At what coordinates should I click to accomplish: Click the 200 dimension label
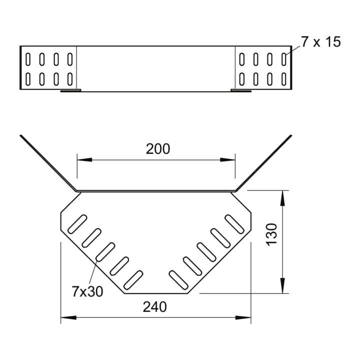coord(158,149)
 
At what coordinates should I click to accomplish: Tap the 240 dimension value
coord(154,307)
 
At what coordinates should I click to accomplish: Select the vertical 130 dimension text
coord(271,234)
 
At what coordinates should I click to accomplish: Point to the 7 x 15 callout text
coord(321,42)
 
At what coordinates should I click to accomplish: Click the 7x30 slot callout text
coord(87,291)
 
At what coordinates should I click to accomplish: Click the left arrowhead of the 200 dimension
coord(84,160)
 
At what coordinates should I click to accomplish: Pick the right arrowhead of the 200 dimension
coord(227,160)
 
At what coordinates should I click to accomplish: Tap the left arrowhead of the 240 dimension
coord(68,318)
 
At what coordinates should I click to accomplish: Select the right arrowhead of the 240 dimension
coord(243,318)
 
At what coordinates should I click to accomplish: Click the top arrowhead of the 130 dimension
coord(282,198)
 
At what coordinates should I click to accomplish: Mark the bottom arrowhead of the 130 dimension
coord(282,286)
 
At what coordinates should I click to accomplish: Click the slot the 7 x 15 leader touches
coord(284,59)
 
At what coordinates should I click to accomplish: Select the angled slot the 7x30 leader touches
coord(105,252)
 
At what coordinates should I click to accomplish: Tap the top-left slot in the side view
coord(28,59)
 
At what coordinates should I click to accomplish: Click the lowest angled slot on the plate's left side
coord(133,280)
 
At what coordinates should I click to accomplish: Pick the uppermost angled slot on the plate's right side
coord(234,224)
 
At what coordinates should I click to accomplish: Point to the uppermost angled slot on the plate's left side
coord(77,224)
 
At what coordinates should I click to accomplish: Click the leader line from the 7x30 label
coord(93,272)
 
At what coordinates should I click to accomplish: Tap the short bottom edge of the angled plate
coord(156,293)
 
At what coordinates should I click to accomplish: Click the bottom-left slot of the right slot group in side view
coord(242,79)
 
